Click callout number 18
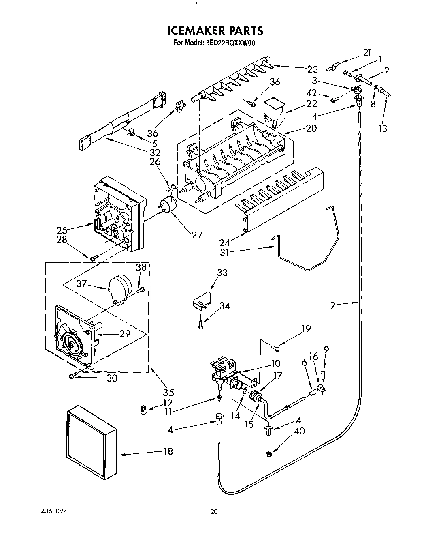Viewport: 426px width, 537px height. pos(167,451)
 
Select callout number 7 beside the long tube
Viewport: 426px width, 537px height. pos(332,305)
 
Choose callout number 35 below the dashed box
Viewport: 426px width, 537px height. pos(168,392)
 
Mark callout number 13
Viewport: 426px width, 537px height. pos(383,129)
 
